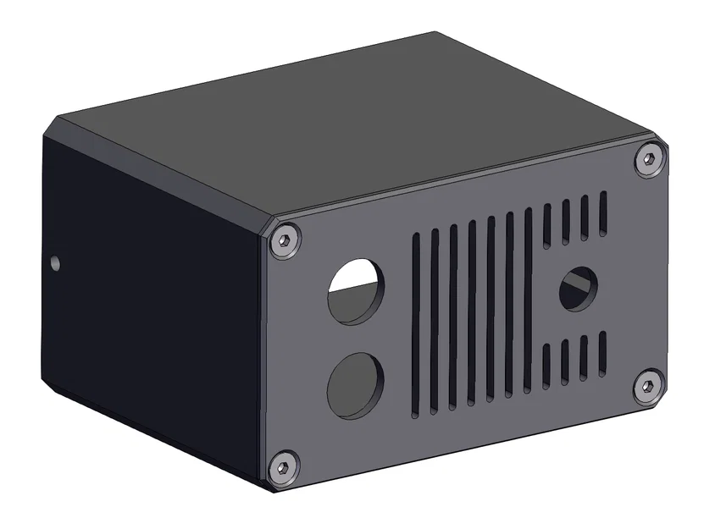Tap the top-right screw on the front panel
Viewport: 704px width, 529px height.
pos(648,159)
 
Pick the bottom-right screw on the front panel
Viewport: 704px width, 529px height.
pos(647,386)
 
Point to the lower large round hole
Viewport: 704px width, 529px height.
pos(356,385)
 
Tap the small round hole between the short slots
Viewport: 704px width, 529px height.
pos(578,289)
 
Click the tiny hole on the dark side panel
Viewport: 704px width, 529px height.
pos(56,262)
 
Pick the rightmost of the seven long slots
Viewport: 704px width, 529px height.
pos(528,300)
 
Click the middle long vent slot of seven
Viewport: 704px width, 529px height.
pos(472,312)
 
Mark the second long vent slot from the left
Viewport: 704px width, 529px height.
pos(435,321)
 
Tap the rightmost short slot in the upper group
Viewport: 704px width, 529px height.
pos(603,212)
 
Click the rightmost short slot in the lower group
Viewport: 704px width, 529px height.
pos(602,352)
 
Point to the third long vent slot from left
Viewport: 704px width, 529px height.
pos(453,317)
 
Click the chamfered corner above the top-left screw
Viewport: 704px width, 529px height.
pos(269,222)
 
